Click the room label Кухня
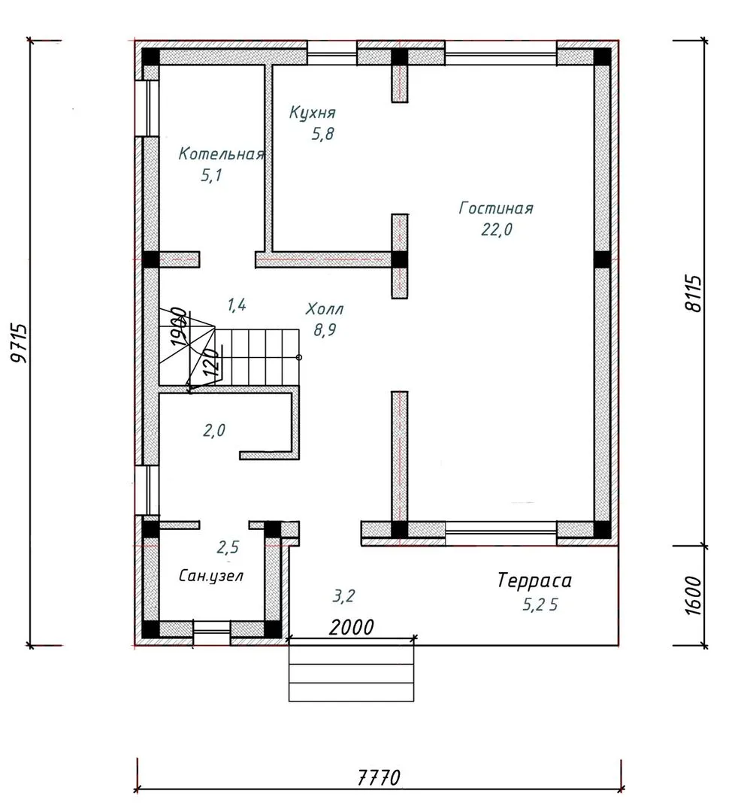pyautogui.click(x=312, y=112)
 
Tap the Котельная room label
pyautogui.click(x=222, y=154)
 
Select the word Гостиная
pyautogui.click(x=496, y=208)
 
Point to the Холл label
pyautogui.click(x=325, y=309)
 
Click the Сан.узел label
pyautogui.click(x=211, y=575)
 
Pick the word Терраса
pyautogui.click(x=534, y=580)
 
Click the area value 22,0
pyautogui.click(x=496, y=229)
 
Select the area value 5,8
pyautogui.click(x=322, y=134)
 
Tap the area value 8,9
pyautogui.click(x=325, y=329)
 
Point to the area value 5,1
pyautogui.click(x=211, y=175)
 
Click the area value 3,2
pyautogui.click(x=343, y=596)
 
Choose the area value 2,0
pyautogui.click(x=213, y=430)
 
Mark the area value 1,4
pyautogui.click(x=236, y=304)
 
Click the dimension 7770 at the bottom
pyautogui.click(x=379, y=778)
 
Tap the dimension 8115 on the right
pyautogui.click(x=694, y=293)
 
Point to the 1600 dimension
pyautogui.click(x=694, y=595)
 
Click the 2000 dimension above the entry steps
pyautogui.click(x=351, y=627)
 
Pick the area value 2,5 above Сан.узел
pyautogui.click(x=228, y=547)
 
